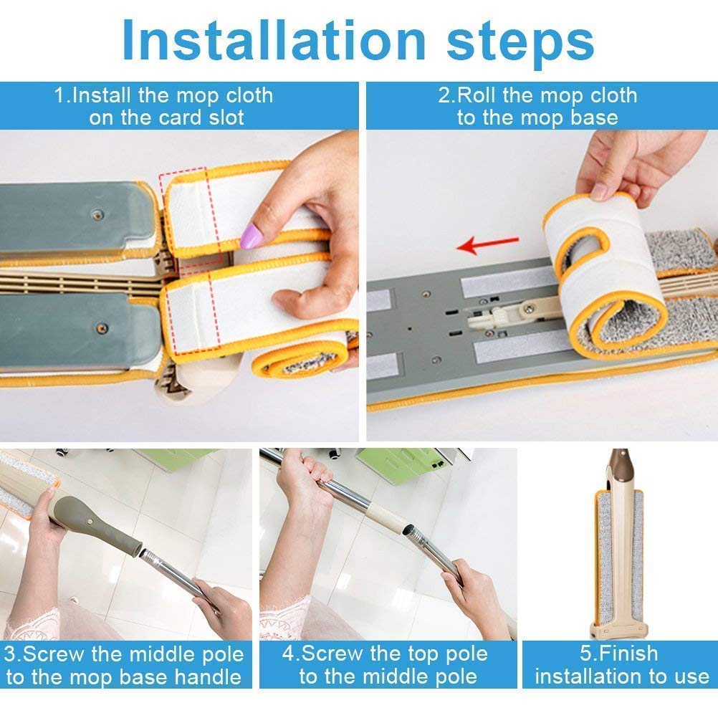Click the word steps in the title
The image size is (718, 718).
pyautogui.click(x=521, y=42)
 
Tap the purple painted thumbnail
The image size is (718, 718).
pyautogui.click(x=253, y=234)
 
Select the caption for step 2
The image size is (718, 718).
pyautogui.click(x=537, y=106)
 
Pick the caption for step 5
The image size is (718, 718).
pyautogui.click(x=621, y=665)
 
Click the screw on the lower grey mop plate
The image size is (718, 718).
pyautogui.click(x=100, y=328)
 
